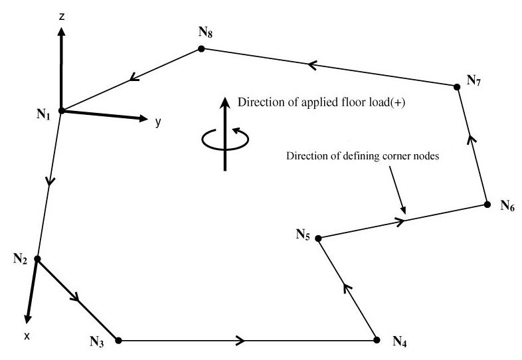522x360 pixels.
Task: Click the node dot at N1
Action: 60,111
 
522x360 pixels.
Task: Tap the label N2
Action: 19,258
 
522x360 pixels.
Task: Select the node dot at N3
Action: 118,340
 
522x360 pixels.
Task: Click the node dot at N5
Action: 317,238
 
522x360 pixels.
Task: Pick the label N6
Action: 507,207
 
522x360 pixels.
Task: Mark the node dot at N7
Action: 457,87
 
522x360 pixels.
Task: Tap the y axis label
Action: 158,122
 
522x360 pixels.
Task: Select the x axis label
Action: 27,336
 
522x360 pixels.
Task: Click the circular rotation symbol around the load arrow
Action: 226,137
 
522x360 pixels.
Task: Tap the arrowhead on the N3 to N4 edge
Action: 240,341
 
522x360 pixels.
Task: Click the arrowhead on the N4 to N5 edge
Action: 345,286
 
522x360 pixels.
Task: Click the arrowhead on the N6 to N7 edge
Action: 473,138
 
